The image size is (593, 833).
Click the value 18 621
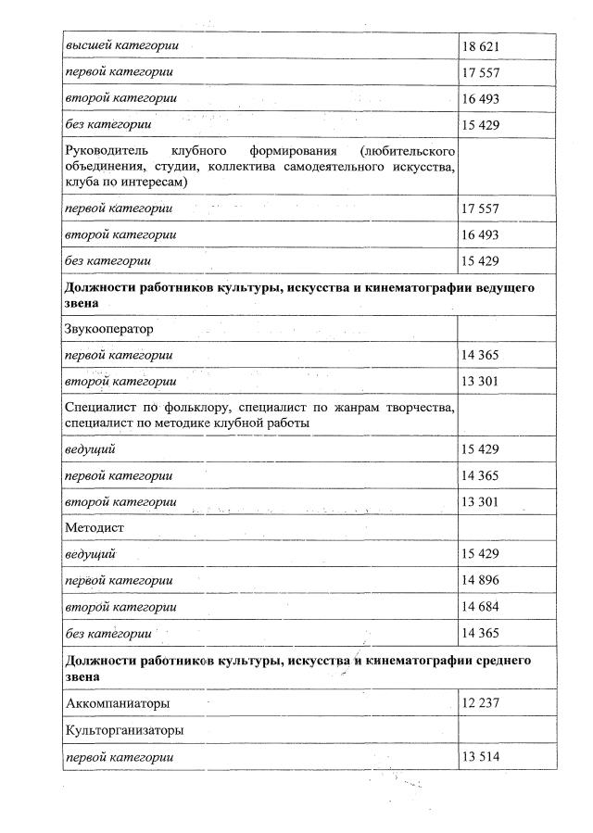point(480,45)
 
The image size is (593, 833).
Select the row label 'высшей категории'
point(120,45)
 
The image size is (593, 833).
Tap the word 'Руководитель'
point(107,150)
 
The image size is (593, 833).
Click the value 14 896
point(480,580)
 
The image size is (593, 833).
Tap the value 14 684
point(480,606)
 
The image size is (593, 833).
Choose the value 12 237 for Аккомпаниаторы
point(480,703)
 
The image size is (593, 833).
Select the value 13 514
point(480,758)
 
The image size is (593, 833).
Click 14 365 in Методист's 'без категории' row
point(480,633)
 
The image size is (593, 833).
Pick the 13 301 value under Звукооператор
point(480,381)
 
